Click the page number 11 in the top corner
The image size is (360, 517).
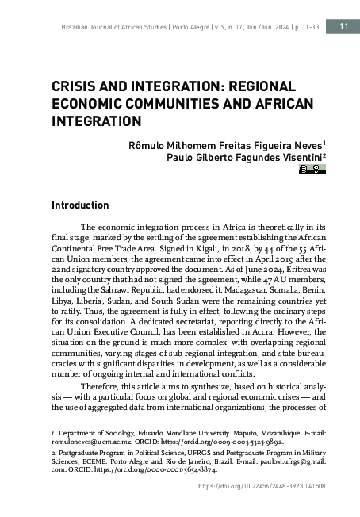point(343,27)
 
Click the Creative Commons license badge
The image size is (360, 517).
point(312,168)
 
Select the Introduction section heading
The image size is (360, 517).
point(80,205)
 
